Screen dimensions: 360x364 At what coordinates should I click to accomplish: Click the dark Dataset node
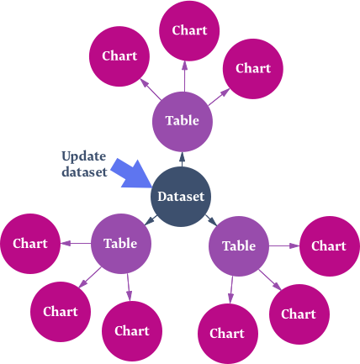(x=181, y=197)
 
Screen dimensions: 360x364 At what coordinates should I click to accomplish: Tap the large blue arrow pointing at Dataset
(x=131, y=173)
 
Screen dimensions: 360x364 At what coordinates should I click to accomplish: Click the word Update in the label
(x=84, y=156)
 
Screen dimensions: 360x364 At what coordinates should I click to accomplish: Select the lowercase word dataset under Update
(x=84, y=171)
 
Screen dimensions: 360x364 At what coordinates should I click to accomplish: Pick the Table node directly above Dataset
(x=183, y=122)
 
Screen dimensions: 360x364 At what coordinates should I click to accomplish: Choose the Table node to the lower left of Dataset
(x=121, y=244)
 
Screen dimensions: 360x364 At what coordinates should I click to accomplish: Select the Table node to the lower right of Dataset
(x=239, y=246)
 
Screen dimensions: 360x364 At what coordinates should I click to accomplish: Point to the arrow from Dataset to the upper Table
(x=182, y=160)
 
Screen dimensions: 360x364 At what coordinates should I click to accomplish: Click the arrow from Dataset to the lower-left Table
(x=151, y=219)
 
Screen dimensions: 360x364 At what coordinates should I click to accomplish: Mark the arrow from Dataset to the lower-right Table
(x=211, y=220)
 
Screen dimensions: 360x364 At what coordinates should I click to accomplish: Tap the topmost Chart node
(x=189, y=30)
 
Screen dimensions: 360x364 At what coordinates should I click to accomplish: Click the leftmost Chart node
(x=30, y=244)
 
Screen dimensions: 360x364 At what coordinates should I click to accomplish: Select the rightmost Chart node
(x=329, y=246)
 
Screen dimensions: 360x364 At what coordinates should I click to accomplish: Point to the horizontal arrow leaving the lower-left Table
(x=76, y=243)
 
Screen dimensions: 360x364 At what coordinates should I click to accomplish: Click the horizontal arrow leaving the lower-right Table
(x=284, y=246)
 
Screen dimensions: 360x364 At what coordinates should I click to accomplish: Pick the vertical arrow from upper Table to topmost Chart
(x=184, y=76)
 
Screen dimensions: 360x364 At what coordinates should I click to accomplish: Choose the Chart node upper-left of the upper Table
(x=119, y=56)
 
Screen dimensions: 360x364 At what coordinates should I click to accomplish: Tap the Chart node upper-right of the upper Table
(x=253, y=69)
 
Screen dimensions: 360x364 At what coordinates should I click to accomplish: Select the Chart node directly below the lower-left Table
(x=132, y=331)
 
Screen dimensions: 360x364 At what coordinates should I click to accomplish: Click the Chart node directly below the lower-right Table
(x=228, y=334)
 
